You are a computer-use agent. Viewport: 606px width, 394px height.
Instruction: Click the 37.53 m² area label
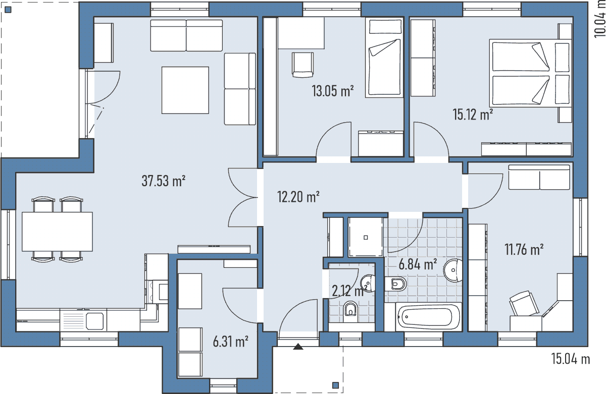click(164, 181)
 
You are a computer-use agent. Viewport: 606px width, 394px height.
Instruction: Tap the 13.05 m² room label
click(332, 91)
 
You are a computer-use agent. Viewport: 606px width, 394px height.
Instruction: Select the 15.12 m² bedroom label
click(473, 115)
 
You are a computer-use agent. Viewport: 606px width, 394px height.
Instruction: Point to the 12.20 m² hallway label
click(298, 197)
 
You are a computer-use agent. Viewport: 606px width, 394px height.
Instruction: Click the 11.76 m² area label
click(524, 249)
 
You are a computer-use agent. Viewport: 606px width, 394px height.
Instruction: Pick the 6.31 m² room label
click(230, 342)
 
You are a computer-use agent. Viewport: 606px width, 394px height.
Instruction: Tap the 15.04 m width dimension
click(571, 359)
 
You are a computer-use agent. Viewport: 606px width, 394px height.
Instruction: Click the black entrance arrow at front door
click(298, 347)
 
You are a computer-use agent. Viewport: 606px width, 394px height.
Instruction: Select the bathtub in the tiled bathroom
click(428, 317)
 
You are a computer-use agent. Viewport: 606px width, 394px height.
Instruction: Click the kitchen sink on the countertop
click(95, 321)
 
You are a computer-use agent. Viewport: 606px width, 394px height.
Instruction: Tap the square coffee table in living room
click(185, 90)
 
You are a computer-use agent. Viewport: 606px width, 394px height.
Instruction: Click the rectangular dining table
click(57, 232)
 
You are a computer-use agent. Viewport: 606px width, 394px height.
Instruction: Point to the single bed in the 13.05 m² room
click(384, 58)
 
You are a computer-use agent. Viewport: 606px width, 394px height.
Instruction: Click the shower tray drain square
click(366, 238)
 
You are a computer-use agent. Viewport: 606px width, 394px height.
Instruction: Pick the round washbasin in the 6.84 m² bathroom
click(453, 270)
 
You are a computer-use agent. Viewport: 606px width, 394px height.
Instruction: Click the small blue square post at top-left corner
click(8, 10)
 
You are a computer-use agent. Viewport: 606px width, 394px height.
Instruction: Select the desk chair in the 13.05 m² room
click(302, 65)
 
